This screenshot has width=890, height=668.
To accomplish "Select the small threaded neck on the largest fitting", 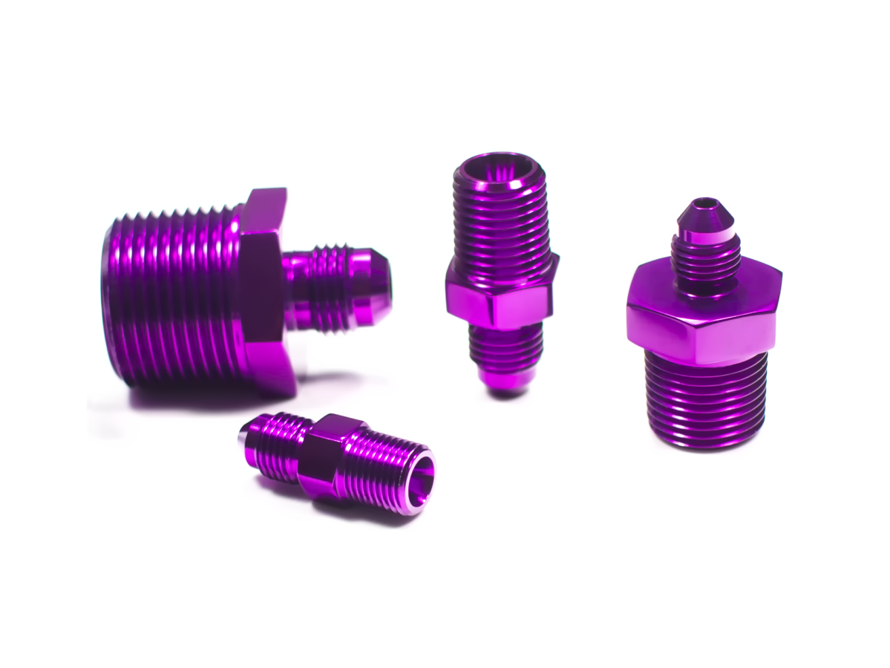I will pos(327,286).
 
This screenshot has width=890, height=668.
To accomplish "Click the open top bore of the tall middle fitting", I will pos(499,166).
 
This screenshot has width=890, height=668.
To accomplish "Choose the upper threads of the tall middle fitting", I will pos(501,223).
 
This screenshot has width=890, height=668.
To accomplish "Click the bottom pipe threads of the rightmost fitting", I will pos(705,401).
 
